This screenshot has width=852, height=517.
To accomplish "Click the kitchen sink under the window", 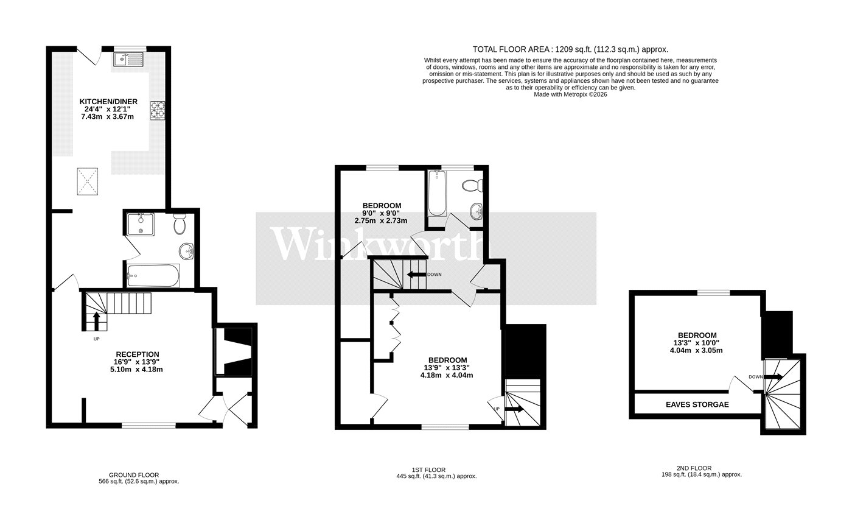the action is click(x=128, y=60).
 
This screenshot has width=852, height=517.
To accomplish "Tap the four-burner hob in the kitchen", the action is click(x=158, y=110).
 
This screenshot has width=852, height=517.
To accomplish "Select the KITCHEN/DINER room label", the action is click(x=108, y=102).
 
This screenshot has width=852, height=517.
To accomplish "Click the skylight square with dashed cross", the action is click(x=88, y=181).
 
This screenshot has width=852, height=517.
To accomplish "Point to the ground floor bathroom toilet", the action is click(x=180, y=224).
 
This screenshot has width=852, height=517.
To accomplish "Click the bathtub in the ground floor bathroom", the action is click(x=153, y=276).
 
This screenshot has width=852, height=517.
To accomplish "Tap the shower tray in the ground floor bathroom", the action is click(x=141, y=225).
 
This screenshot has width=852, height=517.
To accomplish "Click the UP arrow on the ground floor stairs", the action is click(x=97, y=321).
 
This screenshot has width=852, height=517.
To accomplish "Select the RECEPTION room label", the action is click(x=138, y=354).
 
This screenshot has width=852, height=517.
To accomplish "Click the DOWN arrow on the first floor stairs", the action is click(x=416, y=275).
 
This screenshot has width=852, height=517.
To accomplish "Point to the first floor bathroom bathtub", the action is click(x=437, y=194).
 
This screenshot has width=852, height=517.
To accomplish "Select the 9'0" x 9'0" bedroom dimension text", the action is click(x=381, y=213).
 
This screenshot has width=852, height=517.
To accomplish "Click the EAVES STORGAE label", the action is click(x=697, y=405).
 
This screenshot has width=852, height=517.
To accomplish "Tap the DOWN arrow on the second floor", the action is click(x=773, y=377).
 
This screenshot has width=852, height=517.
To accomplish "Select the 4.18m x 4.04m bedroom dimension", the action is click(x=447, y=375).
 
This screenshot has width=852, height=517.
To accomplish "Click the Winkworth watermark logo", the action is click(x=379, y=244).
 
